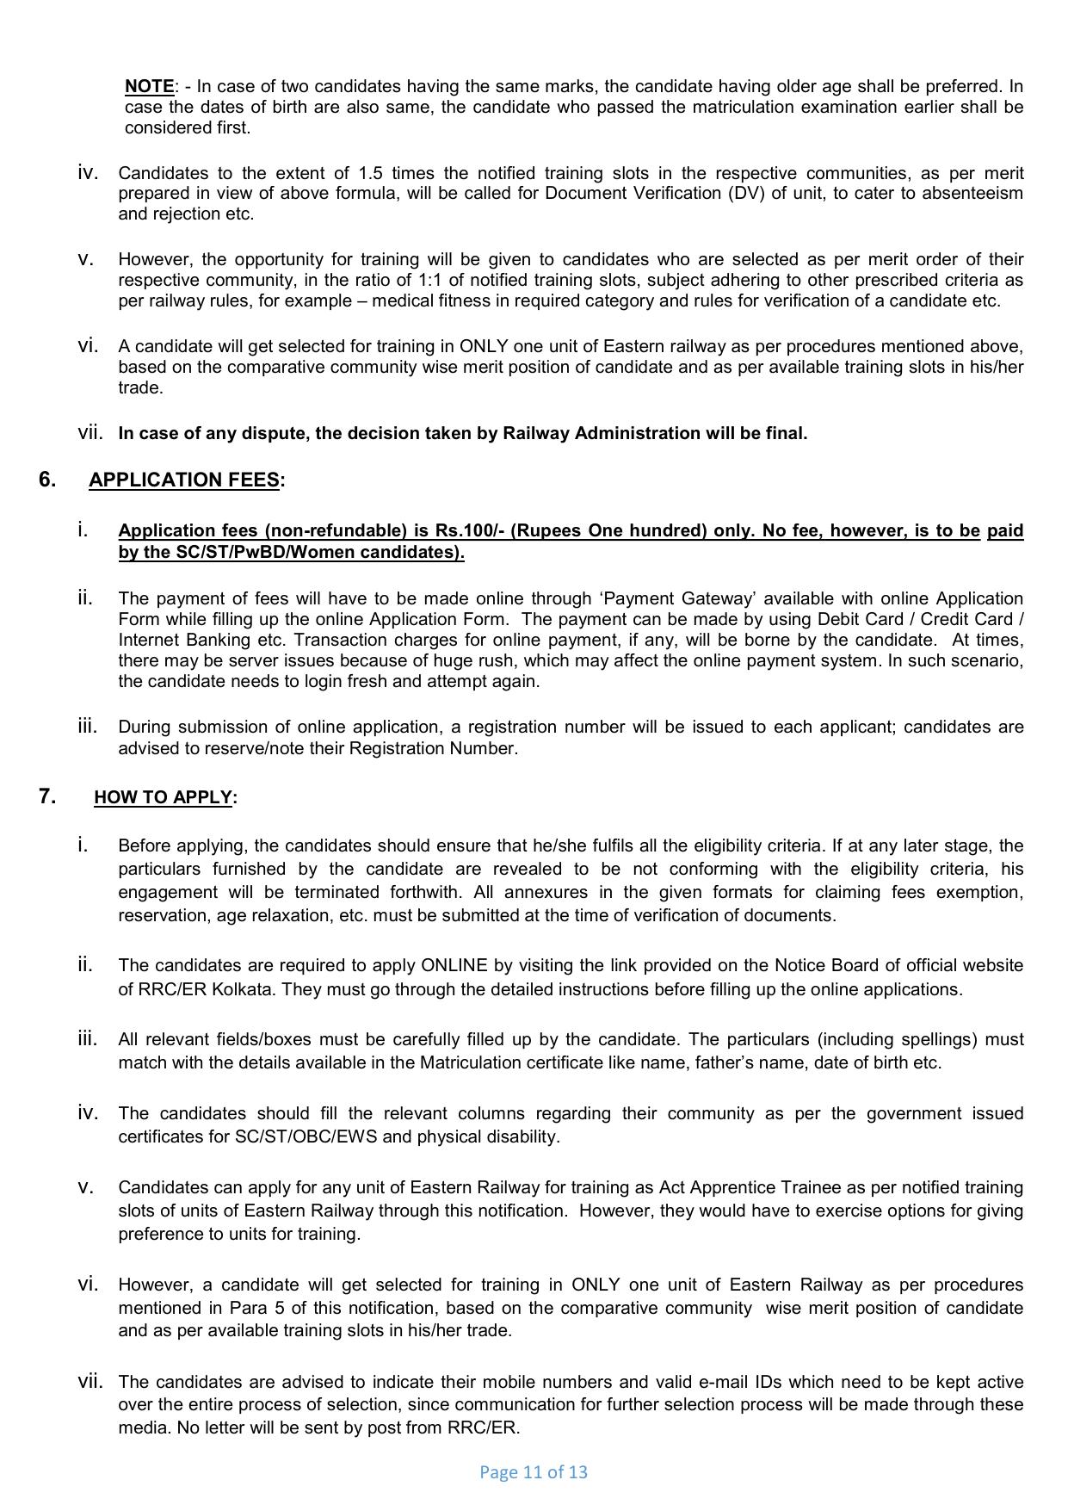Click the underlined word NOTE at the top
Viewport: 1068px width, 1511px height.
149,86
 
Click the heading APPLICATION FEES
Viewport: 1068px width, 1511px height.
184,480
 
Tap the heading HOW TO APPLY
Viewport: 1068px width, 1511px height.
163,797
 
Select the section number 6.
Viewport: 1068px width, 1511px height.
47,480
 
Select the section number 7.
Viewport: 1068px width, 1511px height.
47,796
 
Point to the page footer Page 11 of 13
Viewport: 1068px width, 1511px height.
533,1471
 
